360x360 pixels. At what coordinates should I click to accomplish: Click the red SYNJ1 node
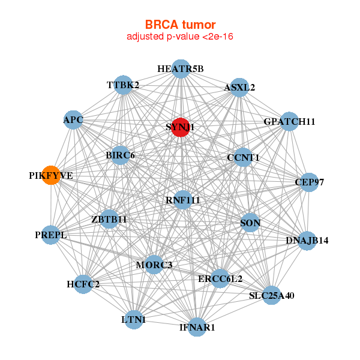pyautogui.click(x=181, y=127)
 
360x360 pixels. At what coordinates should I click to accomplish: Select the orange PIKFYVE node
pyautogui.click(x=52, y=175)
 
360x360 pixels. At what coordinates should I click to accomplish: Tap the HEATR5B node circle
pyautogui.click(x=181, y=68)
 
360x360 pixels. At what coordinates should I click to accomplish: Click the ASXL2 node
pyautogui.click(x=239, y=87)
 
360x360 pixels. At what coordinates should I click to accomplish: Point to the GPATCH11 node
pyautogui.click(x=289, y=122)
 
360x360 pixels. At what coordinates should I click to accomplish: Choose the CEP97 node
pyautogui.click(x=308, y=182)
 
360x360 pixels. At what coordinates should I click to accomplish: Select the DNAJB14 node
pyautogui.click(x=307, y=241)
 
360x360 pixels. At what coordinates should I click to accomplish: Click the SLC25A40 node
pyautogui.click(x=272, y=295)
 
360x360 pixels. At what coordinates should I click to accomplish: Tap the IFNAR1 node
pyautogui.click(x=197, y=328)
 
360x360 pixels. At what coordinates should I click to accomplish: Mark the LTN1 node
pyautogui.click(x=133, y=320)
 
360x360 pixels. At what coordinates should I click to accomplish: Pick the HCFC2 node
pyautogui.click(x=83, y=284)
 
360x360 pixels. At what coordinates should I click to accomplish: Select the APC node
pyautogui.click(x=73, y=120)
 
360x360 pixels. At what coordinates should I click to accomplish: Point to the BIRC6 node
pyautogui.click(x=120, y=155)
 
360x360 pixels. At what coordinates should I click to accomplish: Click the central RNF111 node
pyautogui.click(x=183, y=200)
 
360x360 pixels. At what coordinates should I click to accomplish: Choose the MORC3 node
pyautogui.click(x=154, y=265)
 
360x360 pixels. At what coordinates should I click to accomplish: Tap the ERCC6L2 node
pyautogui.click(x=220, y=278)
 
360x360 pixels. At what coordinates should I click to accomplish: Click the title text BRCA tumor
pyautogui.click(x=180, y=25)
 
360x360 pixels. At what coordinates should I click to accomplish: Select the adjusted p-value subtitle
pyautogui.click(x=180, y=37)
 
